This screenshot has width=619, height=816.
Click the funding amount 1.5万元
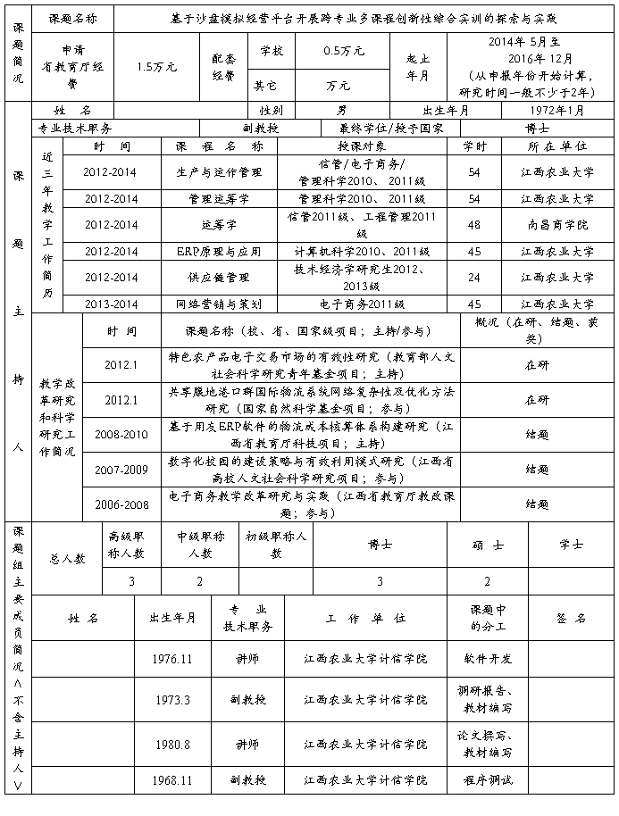point(157,67)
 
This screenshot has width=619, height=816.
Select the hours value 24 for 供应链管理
point(474,278)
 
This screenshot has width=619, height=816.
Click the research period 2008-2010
point(121,434)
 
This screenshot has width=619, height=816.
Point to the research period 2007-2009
point(121,469)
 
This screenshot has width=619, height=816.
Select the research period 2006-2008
point(121,504)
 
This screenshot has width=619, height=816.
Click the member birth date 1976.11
point(172,658)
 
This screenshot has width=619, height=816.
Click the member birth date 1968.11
point(172,779)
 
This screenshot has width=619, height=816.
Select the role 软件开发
point(488,658)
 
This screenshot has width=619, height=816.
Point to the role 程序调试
point(488,779)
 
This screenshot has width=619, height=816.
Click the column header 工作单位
point(365,618)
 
